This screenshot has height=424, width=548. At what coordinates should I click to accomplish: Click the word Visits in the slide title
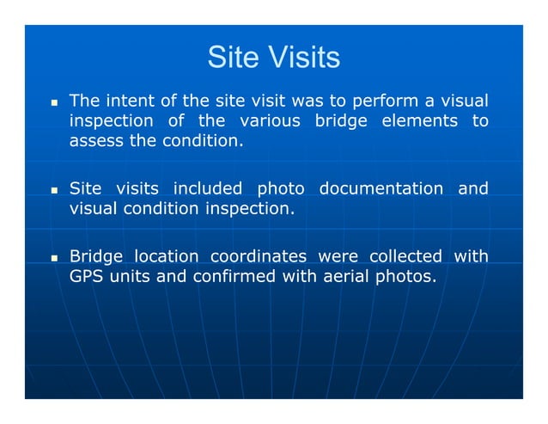(305, 58)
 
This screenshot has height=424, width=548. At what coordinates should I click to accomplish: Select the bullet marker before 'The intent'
(53, 101)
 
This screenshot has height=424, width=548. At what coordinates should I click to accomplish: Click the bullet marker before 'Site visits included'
(53, 189)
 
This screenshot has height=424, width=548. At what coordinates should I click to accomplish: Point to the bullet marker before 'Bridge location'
(53, 257)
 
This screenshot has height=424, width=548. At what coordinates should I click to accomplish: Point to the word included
(210, 188)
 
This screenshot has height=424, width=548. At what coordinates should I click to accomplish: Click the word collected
(405, 256)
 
